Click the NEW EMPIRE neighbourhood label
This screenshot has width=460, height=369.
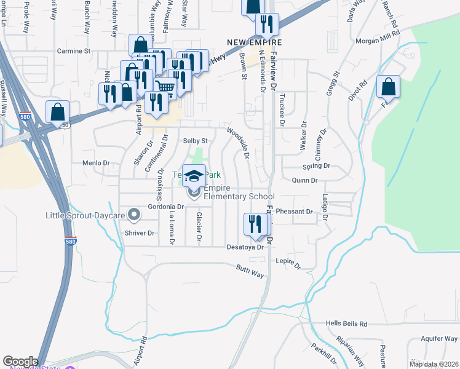coord(254,42)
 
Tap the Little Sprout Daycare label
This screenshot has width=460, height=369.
coord(85,216)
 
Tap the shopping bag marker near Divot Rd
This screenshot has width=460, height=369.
coord(388,87)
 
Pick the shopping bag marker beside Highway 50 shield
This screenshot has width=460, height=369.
coord(57,113)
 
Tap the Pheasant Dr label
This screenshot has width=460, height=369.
coord(295,212)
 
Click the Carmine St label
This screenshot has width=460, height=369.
coord(74,51)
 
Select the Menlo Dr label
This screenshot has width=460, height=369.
coord(95,164)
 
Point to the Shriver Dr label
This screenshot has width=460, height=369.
coord(140,233)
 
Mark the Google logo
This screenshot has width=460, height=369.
coord(20,362)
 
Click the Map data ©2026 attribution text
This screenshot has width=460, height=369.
coord(434,364)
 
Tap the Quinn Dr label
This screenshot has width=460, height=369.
coord(304,181)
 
